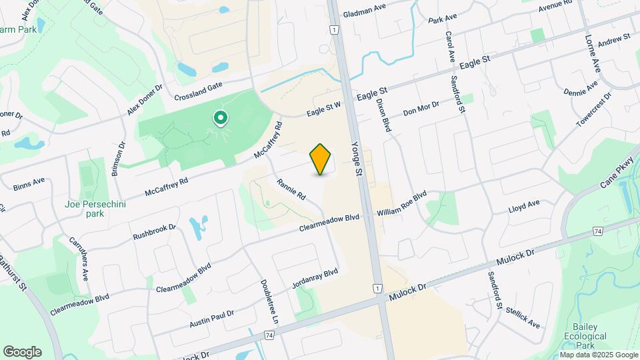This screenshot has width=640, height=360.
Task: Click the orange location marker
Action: [321, 159]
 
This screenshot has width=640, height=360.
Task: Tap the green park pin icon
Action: [219, 119]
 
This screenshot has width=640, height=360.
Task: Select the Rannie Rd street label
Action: [291, 187]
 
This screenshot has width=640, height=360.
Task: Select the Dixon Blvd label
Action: [383, 113]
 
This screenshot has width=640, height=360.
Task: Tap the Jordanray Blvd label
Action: [315, 279]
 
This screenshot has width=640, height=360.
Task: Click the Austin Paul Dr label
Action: [211, 315]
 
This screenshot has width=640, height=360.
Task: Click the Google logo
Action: [22, 352]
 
